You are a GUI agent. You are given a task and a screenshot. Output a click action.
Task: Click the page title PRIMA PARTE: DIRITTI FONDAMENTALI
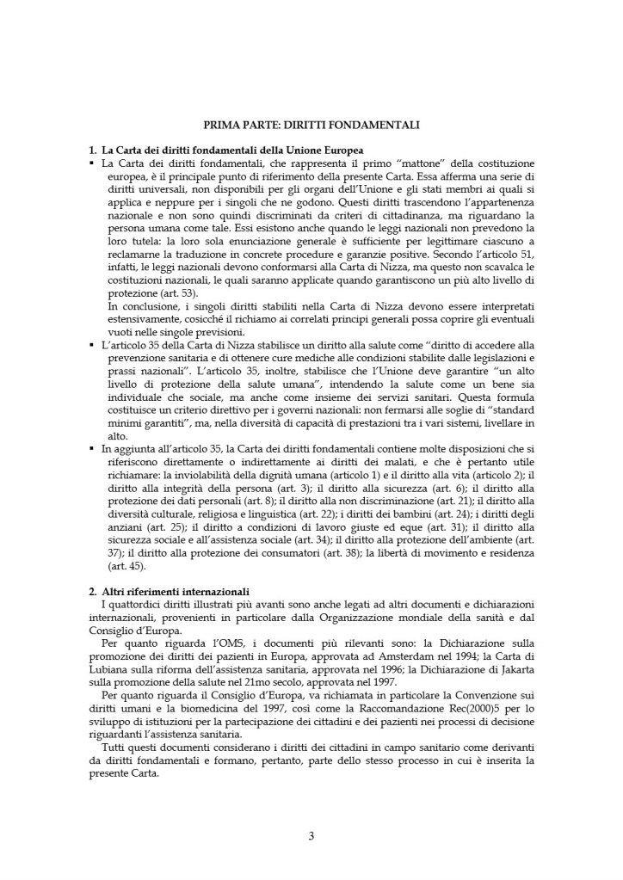311,125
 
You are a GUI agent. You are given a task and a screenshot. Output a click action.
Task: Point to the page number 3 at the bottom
311,835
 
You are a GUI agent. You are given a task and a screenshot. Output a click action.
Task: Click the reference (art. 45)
120,565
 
